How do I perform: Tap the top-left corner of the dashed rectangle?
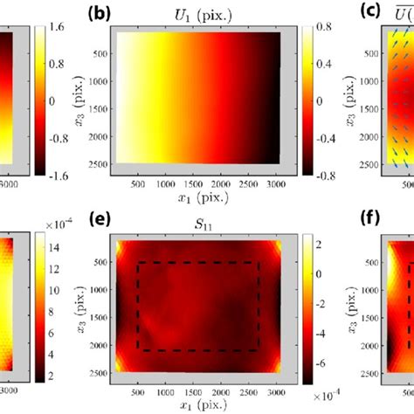coord(138,263)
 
